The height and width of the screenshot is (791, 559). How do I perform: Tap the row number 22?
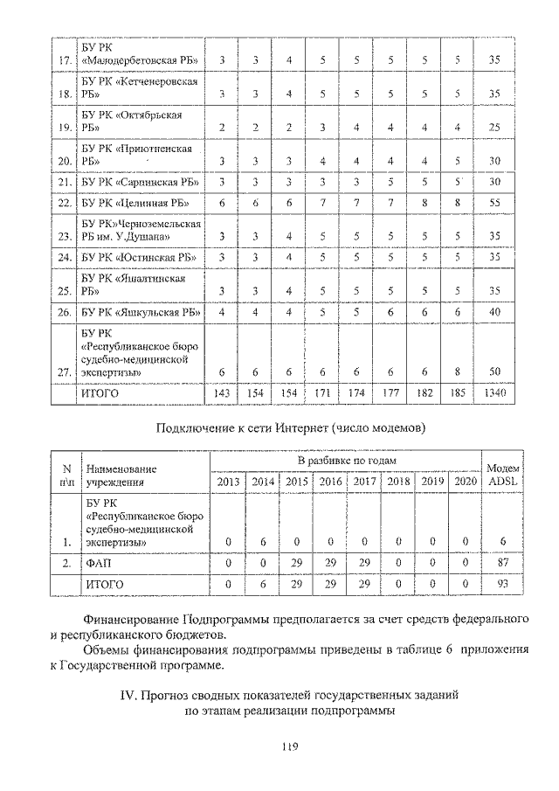(x=63, y=203)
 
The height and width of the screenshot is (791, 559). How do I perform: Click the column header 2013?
(x=228, y=481)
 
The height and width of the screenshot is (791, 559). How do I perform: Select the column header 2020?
(x=466, y=481)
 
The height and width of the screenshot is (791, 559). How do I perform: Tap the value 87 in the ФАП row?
(x=502, y=564)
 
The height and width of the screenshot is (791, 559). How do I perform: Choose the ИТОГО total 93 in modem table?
(x=502, y=583)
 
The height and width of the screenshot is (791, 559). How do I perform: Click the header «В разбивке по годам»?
(x=347, y=460)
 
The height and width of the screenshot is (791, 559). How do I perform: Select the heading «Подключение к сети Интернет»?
(x=290, y=427)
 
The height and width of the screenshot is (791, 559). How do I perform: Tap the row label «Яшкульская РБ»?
(x=138, y=311)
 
